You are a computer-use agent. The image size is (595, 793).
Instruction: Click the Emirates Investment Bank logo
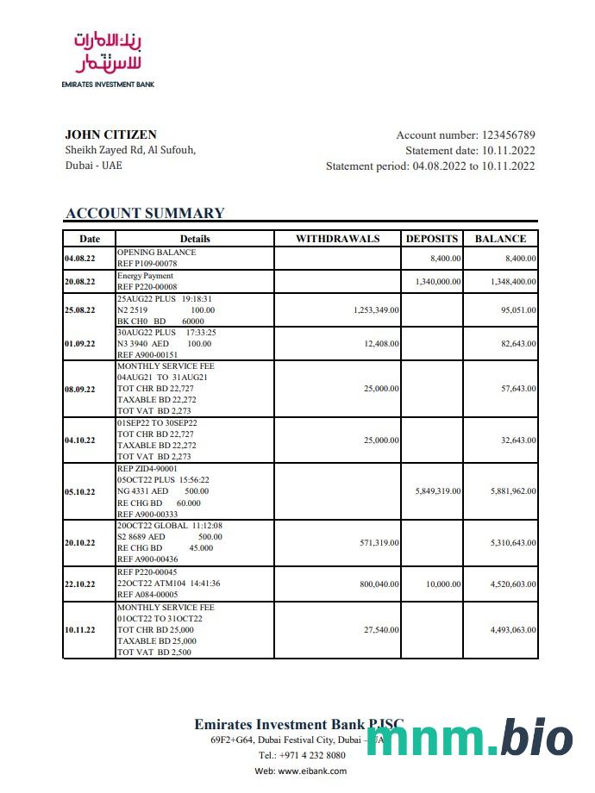coord(108,58)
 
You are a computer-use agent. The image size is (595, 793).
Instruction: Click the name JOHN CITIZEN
coord(110,134)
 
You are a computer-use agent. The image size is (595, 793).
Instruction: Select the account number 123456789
coord(509,135)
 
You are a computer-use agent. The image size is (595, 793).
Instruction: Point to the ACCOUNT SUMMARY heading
coord(145,214)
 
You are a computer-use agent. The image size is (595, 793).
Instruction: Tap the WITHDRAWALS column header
coord(337,239)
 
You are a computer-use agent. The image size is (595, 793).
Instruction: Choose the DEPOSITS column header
coord(433,239)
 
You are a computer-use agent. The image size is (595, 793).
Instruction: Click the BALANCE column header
coord(500,239)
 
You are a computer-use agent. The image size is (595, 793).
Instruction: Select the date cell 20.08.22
coord(80,282)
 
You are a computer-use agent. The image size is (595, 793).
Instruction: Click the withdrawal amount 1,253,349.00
coord(376,310)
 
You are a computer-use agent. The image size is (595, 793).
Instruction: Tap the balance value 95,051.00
coord(518,310)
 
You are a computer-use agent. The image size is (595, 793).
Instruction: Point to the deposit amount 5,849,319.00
coord(438,491)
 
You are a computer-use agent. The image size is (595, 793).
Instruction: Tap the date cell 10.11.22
coord(80,630)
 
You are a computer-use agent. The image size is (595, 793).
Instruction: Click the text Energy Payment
coord(145,276)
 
